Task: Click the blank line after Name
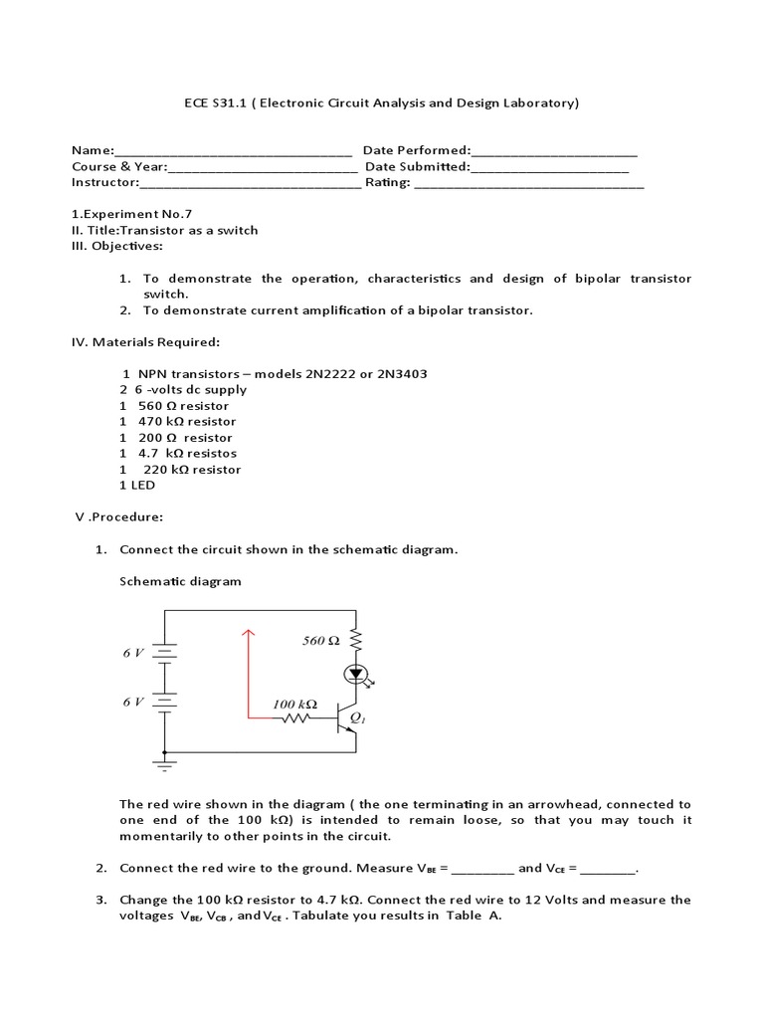[x=234, y=152]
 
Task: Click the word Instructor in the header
[x=103, y=182]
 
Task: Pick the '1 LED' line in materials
[x=137, y=485]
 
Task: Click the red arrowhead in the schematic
[x=248, y=634]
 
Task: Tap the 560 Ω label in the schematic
[x=321, y=641]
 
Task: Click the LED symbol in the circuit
[x=355, y=675]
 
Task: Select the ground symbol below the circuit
[x=164, y=764]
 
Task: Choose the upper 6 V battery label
[x=134, y=653]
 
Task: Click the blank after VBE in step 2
[x=482, y=869]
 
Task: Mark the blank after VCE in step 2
[x=607, y=869]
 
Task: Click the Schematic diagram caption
[x=180, y=581]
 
